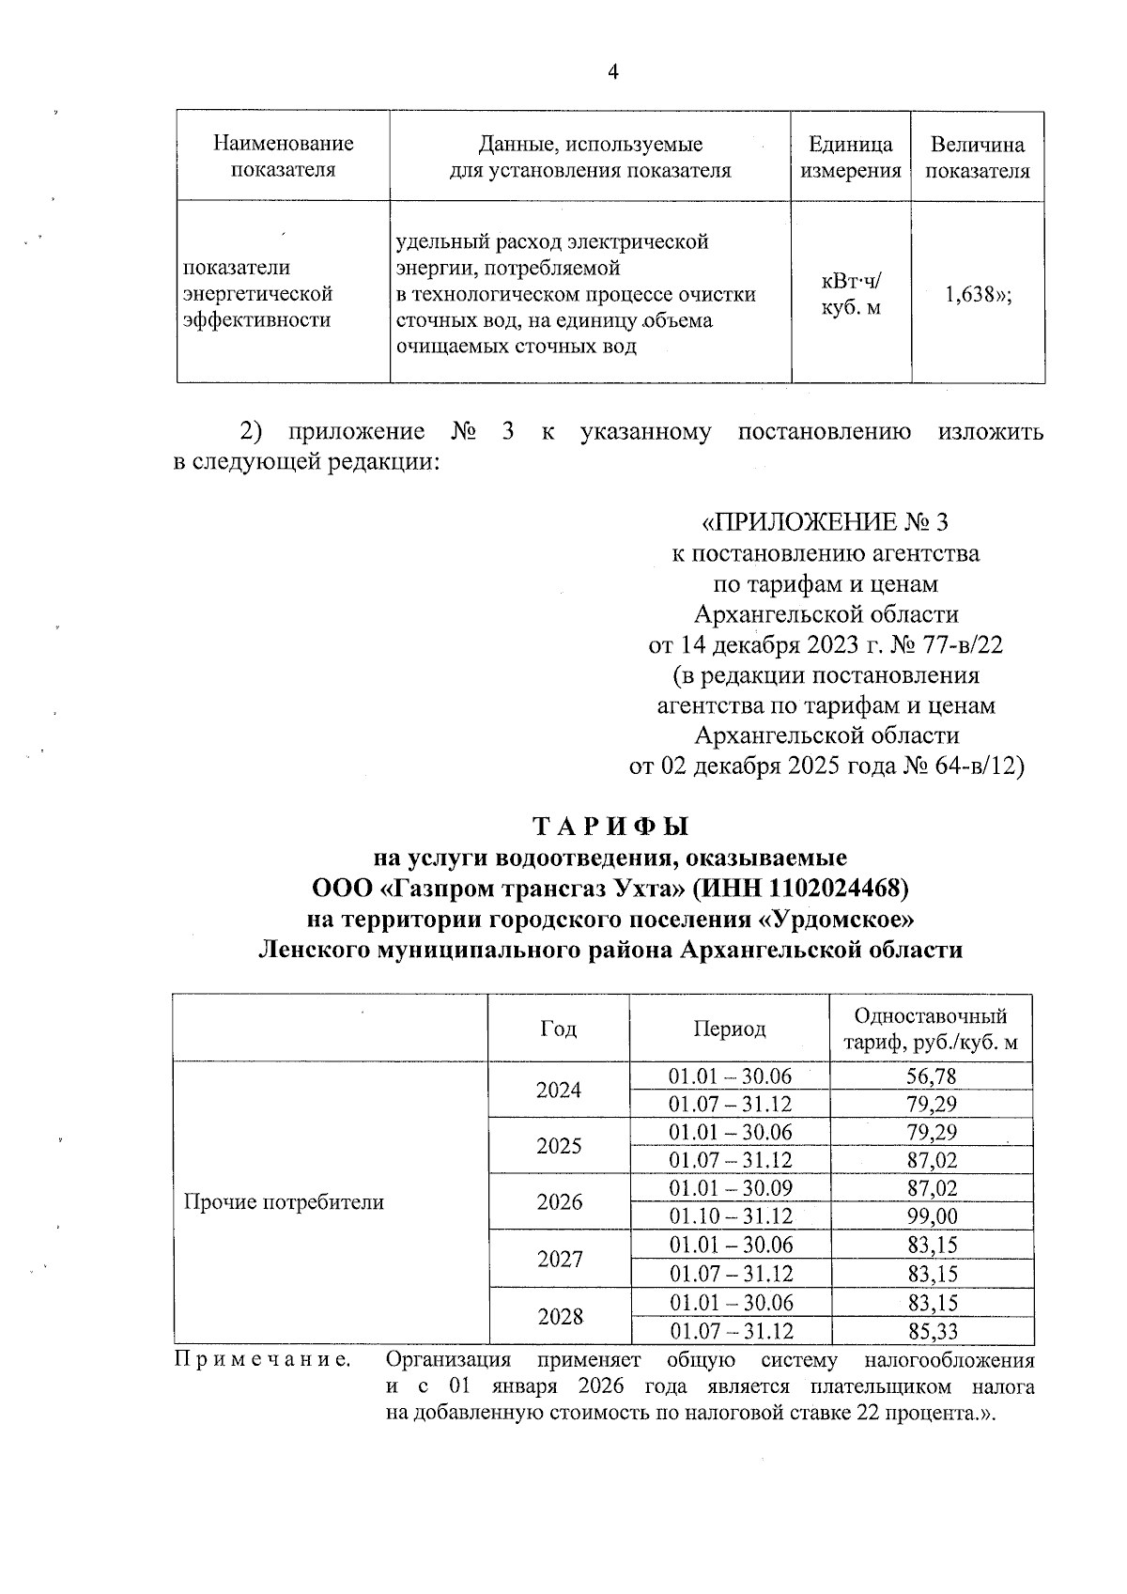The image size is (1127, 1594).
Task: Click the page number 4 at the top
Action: [613, 72]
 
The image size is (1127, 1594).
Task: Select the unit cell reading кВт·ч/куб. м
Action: [851, 294]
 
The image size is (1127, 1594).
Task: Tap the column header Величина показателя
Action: [977, 157]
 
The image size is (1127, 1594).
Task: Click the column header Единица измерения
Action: [851, 157]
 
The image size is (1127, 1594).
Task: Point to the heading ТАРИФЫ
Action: [611, 827]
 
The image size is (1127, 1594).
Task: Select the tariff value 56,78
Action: [932, 1076]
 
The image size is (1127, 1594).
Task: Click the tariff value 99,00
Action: [932, 1216]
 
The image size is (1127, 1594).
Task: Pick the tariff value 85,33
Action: [932, 1331]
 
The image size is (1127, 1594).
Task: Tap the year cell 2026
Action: [560, 1202]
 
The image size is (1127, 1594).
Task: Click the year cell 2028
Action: [560, 1317]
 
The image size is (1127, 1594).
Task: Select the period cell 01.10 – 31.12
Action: [731, 1216]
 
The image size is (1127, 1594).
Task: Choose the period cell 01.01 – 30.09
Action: [731, 1188]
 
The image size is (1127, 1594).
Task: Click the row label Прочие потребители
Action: [284, 1202]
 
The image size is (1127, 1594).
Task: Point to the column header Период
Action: [730, 1029]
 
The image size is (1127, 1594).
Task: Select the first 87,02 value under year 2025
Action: [932, 1160]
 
